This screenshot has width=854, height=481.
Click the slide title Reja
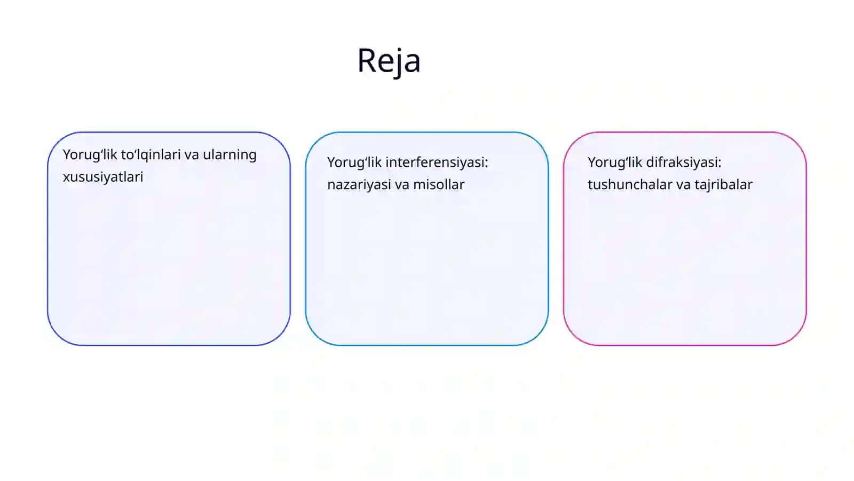pos(389,61)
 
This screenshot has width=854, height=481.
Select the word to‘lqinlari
pos(151,155)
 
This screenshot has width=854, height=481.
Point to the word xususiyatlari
pos(103,177)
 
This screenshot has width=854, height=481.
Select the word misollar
pos(439,184)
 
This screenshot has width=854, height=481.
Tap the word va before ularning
pos(192,156)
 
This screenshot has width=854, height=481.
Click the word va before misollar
pos(402,185)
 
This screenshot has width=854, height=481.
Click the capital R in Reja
pos(367,60)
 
